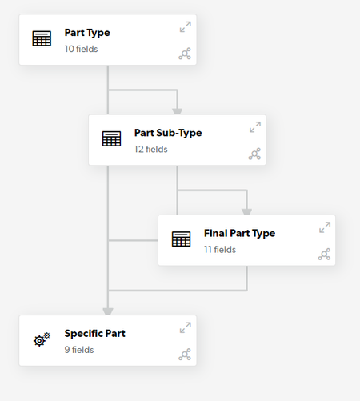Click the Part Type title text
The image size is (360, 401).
pos(87,33)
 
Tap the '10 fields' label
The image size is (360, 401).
pos(81,49)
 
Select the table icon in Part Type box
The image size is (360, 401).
pos(42,38)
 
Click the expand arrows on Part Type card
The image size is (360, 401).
pos(186,27)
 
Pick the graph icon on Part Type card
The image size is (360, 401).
pos(185,54)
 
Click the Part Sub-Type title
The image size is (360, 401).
pos(168,133)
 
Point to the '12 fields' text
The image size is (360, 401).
pos(151,150)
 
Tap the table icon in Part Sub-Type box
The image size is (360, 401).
pos(111,138)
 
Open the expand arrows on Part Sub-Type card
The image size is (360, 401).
pos(255,127)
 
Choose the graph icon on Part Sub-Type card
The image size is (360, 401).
pos(254,154)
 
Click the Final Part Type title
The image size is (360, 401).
pos(239,233)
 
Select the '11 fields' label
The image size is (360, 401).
pos(220,250)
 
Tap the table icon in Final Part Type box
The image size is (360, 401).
pos(182,239)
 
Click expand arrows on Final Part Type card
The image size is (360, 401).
pos(325,227)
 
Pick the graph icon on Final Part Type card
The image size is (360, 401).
pos(324,254)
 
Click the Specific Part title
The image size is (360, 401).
pos(94,334)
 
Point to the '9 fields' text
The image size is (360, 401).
pos(79,350)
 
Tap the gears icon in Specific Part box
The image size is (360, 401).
pos(42,339)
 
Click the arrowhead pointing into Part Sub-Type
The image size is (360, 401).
pos(178,111)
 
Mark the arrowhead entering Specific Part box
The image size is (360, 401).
pos(108,311)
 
